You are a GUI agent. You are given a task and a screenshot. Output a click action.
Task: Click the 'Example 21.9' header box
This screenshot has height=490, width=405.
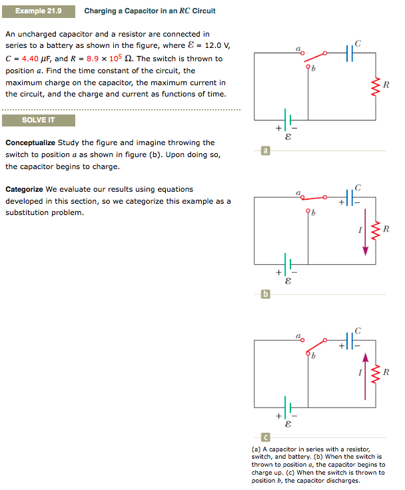[x=38, y=11]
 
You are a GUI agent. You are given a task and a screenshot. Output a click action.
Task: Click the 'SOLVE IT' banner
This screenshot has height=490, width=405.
[x=38, y=120]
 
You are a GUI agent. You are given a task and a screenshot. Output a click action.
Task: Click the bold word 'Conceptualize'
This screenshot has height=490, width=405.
[x=30, y=142]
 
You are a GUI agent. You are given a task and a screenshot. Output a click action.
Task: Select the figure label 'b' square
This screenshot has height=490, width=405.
[x=266, y=294]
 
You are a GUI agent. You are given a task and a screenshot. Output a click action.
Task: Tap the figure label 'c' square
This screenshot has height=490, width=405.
[x=266, y=437]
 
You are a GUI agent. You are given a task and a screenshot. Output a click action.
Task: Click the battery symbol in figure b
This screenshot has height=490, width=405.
[x=286, y=264]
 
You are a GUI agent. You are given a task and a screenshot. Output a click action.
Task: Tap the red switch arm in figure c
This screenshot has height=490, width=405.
[x=322, y=346]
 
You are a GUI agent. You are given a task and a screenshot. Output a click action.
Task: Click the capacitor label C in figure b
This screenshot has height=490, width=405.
[x=358, y=187]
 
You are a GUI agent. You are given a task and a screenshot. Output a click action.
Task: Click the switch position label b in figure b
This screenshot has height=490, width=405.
[x=312, y=214]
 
